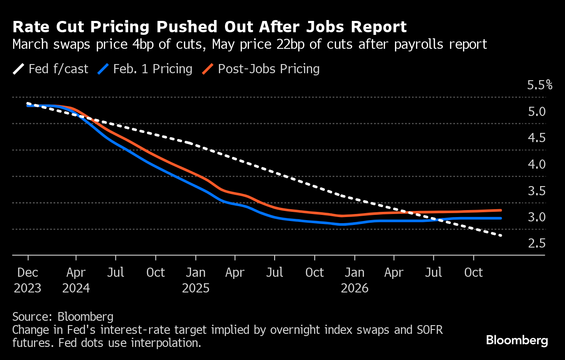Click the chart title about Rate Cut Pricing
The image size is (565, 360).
pyautogui.click(x=210, y=27)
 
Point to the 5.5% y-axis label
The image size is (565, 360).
pyautogui.click(x=540, y=85)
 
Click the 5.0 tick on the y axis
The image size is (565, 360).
pyautogui.click(x=536, y=112)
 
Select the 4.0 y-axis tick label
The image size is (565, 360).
pyautogui.click(x=536, y=164)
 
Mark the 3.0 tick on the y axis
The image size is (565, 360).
pyautogui.click(x=536, y=217)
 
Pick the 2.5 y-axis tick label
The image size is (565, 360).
pyautogui.click(x=536, y=243)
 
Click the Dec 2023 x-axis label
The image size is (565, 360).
pyautogui.click(x=28, y=280)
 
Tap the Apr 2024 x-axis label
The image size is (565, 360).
pyautogui.click(x=76, y=280)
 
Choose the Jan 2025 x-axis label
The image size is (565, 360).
pyautogui.click(x=195, y=280)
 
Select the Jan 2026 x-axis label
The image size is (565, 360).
pyautogui.click(x=354, y=280)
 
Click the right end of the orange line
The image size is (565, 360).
pyautogui.click(x=501, y=211)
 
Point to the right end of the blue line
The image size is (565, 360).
pyautogui.click(x=501, y=218)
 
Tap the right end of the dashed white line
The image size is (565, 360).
pyautogui.click(x=501, y=236)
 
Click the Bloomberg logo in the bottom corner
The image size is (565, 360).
pyautogui.click(x=517, y=340)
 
